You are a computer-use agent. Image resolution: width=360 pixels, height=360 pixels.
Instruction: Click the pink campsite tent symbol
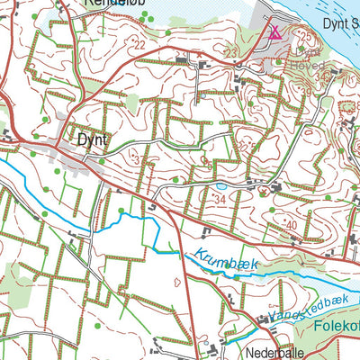(274, 32)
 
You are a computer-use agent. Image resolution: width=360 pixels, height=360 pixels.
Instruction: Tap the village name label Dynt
(92, 140)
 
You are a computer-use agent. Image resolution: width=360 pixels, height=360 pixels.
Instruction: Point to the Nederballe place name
(286, 352)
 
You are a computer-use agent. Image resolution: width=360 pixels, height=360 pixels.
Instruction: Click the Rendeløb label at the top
(112, 4)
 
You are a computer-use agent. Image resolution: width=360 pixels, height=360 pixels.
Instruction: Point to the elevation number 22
(140, 44)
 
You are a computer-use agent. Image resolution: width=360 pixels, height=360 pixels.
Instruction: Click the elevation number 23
(230, 54)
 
